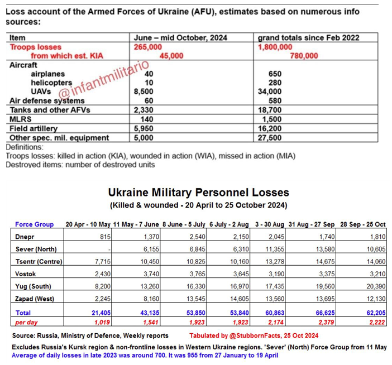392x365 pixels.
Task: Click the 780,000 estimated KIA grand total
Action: point(304,56)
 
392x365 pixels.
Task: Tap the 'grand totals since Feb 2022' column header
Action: point(308,37)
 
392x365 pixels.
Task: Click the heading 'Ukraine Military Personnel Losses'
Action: point(198,193)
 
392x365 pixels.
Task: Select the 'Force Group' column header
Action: point(34,224)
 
